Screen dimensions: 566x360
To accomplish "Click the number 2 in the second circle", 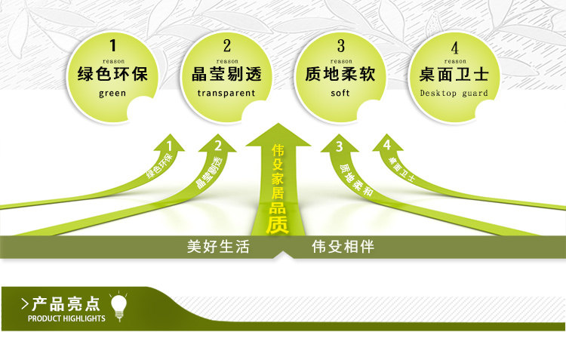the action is pyautogui.click(x=226, y=45).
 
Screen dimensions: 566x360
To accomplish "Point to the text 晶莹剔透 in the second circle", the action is pyautogui.click(x=226, y=75).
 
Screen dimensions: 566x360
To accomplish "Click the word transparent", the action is pyautogui.click(x=226, y=94).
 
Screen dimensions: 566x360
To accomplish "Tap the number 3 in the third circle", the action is pyautogui.click(x=340, y=45).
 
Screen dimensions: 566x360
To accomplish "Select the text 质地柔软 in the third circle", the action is pyautogui.click(x=340, y=75).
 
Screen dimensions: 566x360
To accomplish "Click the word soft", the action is pyautogui.click(x=340, y=94).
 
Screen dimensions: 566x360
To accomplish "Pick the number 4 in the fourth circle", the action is pyautogui.click(x=454, y=45).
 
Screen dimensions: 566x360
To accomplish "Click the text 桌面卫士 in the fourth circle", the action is pyautogui.click(x=454, y=75).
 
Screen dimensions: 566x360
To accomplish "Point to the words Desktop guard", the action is pyautogui.click(x=454, y=94).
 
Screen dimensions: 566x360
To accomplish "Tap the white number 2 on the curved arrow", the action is pyautogui.click(x=218, y=146).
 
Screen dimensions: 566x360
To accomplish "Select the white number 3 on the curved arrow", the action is pyautogui.click(x=340, y=146).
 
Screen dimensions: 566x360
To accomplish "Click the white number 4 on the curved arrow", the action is pyautogui.click(x=387, y=144).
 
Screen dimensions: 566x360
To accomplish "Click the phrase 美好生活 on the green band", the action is pyautogui.click(x=218, y=247).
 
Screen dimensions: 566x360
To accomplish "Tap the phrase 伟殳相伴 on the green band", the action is pyautogui.click(x=343, y=247).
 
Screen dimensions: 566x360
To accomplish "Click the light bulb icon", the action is pyautogui.click(x=118, y=306).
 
